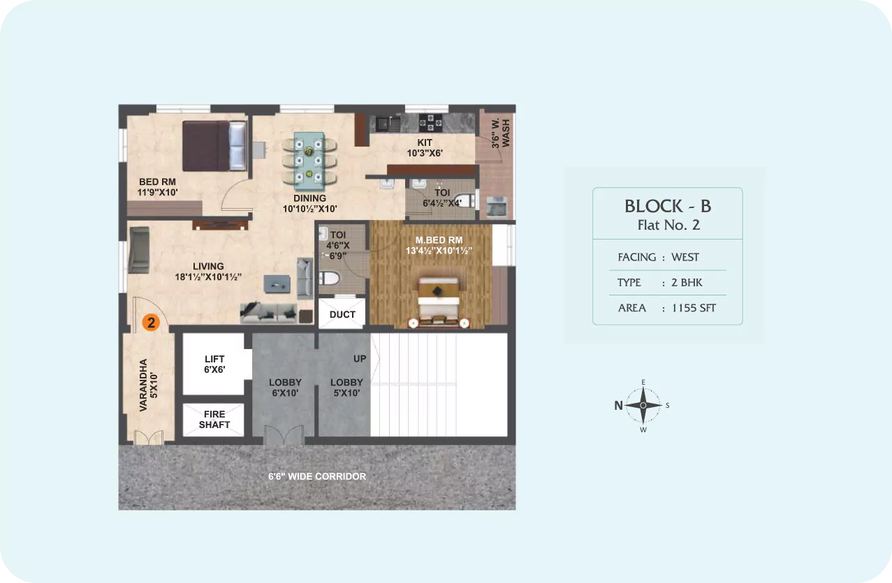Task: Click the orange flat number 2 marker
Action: (151, 323)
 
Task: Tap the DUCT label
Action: (342, 314)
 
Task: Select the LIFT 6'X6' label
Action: (214, 364)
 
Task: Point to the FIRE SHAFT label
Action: (214, 420)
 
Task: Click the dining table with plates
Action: (309, 161)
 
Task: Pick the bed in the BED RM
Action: (214, 146)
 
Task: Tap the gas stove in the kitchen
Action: (430, 122)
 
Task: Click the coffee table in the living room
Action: (277, 283)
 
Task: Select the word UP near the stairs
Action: (360, 359)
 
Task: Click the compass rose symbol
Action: (643, 406)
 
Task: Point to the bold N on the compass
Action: (618, 406)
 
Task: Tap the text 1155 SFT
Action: (694, 308)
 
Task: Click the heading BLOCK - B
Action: (668, 206)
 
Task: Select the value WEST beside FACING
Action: (685, 257)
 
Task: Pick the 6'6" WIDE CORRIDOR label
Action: (317, 476)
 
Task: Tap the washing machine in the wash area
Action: (497, 207)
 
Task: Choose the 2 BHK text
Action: (687, 283)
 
